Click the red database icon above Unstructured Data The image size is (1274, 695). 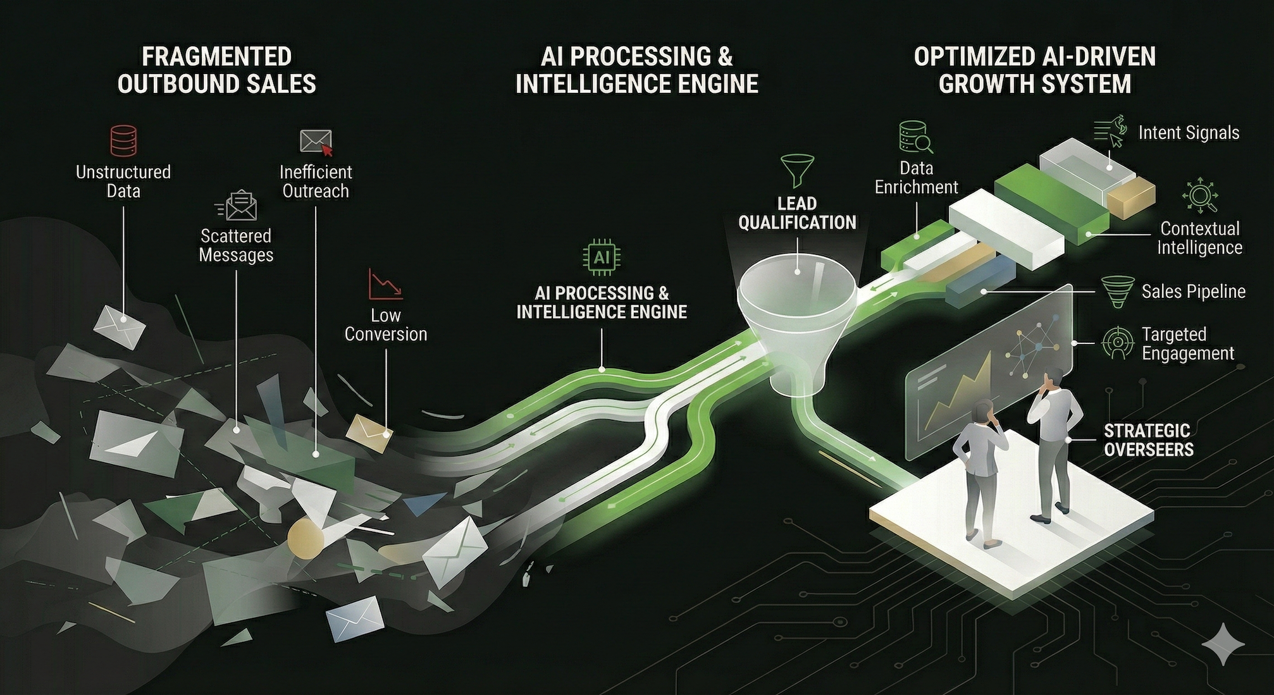click(123, 140)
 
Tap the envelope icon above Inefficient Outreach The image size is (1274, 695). click(316, 142)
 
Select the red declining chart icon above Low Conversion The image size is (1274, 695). click(385, 285)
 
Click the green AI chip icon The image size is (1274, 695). click(601, 257)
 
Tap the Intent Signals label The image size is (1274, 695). click(1188, 133)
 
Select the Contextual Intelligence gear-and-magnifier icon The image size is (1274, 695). click(1199, 196)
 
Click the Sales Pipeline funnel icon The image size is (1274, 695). click(1118, 292)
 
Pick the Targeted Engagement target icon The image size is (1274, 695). click(1118, 343)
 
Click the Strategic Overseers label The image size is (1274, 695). click(1148, 440)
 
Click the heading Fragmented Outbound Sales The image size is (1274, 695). click(216, 70)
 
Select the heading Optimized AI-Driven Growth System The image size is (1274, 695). click(1034, 70)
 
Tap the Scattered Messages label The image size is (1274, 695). click(236, 245)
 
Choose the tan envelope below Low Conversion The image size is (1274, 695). click(369, 432)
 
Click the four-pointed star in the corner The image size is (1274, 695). click(1223, 644)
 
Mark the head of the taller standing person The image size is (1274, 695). click(1053, 378)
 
